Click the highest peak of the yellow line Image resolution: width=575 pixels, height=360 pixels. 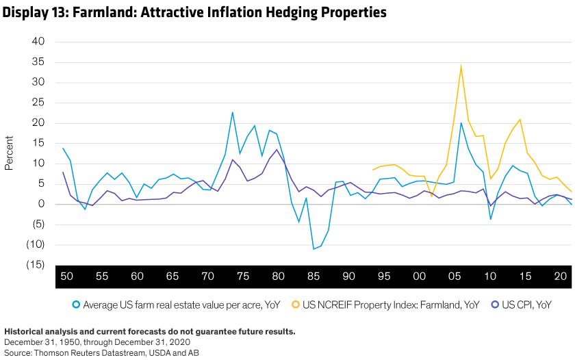pos(461,65)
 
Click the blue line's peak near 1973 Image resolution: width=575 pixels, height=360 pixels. pos(233,112)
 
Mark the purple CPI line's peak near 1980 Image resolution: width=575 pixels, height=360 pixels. pos(277,149)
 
